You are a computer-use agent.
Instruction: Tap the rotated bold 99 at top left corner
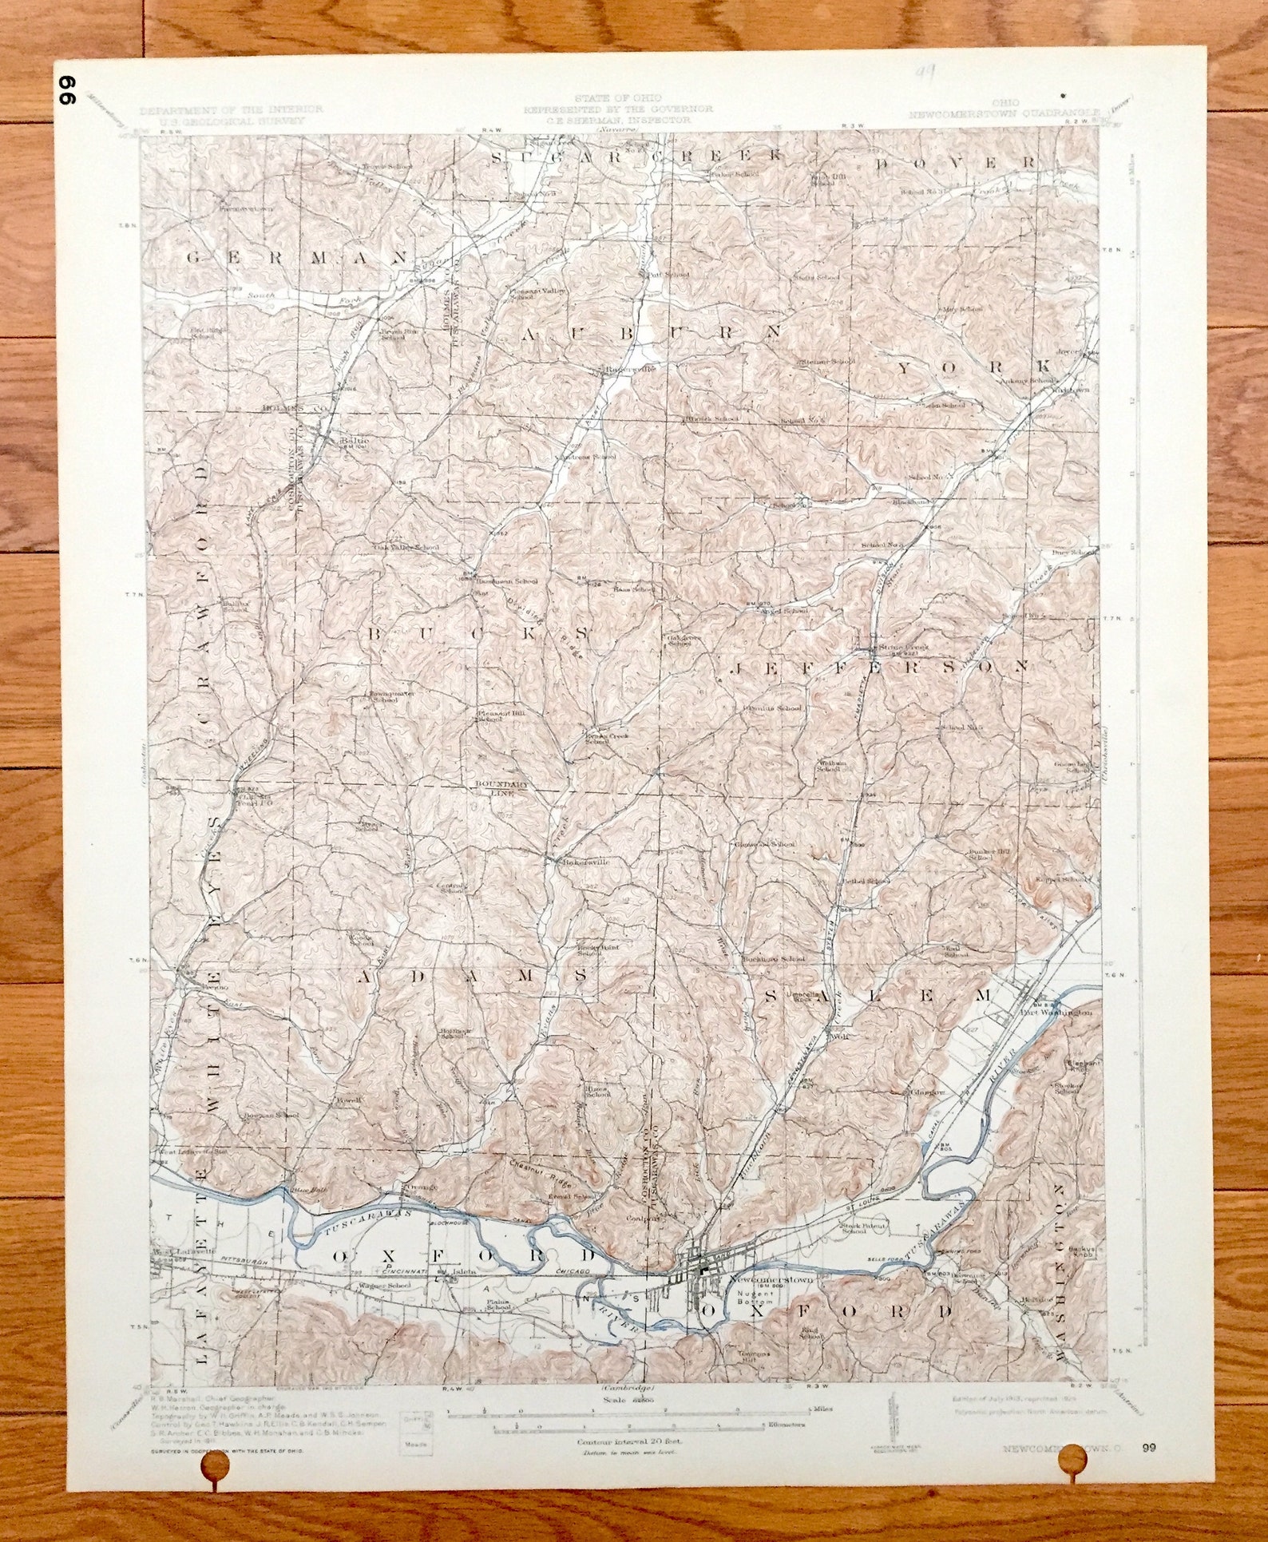(x=65, y=91)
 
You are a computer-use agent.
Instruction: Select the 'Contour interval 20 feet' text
(x=626, y=1442)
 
